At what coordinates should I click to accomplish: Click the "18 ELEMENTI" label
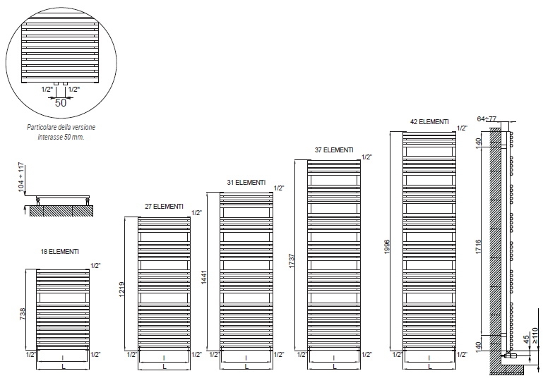[x=60, y=252]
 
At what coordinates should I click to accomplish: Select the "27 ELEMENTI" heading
[x=164, y=207]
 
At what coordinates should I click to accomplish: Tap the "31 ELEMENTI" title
[x=246, y=183]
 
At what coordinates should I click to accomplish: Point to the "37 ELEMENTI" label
[x=334, y=150]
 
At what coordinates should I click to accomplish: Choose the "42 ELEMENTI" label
[x=429, y=121]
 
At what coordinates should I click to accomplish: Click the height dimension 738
[x=23, y=313]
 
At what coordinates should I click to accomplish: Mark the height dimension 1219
[x=121, y=291]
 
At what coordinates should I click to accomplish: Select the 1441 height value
[x=203, y=277]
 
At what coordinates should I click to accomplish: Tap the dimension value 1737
[x=291, y=261]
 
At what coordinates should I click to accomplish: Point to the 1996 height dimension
[x=387, y=246]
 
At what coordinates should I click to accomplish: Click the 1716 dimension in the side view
[x=478, y=246]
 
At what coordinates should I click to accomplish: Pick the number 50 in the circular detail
[x=61, y=103]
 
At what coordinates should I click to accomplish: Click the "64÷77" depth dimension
[x=487, y=118]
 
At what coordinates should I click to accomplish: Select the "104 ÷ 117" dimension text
[x=22, y=177]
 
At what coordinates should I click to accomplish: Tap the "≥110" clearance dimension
[x=535, y=336]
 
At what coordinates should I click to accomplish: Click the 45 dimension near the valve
[x=526, y=339]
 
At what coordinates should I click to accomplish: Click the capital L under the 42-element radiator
[x=429, y=366]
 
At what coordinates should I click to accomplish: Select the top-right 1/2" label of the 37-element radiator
[x=366, y=157]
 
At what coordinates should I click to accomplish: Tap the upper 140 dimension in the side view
[x=478, y=142]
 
